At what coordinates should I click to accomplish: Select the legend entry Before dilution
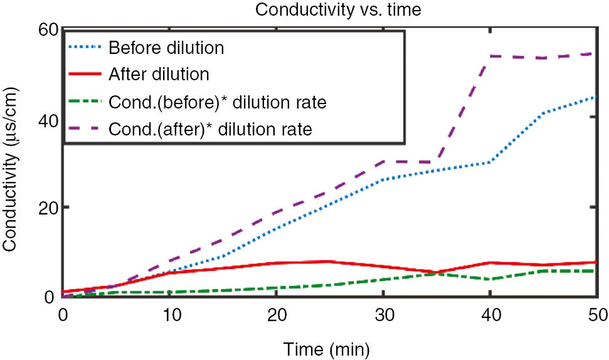(166, 48)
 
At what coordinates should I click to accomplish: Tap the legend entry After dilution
(158, 74)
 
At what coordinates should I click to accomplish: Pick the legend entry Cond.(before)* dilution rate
(217, 102)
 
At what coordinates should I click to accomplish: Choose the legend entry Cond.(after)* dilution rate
(209, 129)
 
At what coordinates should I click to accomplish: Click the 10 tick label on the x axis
(170, 312)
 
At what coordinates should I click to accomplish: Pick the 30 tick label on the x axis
(383, 312)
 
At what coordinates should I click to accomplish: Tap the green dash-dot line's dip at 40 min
(489, 279)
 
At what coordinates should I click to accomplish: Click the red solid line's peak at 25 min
(329, 261)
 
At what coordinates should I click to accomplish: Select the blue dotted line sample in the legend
(85, 48)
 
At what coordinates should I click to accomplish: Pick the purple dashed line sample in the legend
(85, 129)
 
